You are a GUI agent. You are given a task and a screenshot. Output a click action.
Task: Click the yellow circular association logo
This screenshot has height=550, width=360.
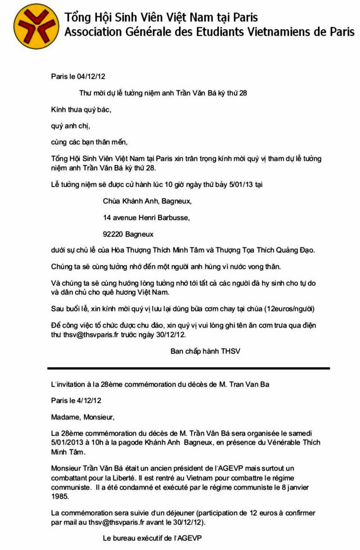36,26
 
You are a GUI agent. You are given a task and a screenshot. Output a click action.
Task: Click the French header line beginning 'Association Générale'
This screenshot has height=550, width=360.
209,32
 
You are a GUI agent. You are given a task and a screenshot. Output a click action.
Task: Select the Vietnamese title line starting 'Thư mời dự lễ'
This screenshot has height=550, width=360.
163,94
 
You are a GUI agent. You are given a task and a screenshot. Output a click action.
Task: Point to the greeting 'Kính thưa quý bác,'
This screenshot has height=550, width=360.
81,110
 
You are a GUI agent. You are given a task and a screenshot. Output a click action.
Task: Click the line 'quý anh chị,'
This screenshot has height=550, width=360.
70,126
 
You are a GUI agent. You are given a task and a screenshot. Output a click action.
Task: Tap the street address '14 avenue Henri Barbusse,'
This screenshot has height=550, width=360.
146,218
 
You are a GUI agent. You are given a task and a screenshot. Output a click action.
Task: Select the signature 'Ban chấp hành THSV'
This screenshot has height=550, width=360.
205,351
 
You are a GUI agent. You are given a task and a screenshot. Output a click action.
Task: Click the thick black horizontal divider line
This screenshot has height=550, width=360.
189,368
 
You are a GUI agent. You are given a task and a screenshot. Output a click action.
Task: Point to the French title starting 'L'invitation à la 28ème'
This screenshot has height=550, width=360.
160,384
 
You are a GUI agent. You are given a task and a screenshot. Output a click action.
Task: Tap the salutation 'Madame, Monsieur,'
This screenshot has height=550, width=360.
83,417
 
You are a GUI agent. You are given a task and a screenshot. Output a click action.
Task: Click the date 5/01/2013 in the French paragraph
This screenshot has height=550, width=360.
67,442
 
